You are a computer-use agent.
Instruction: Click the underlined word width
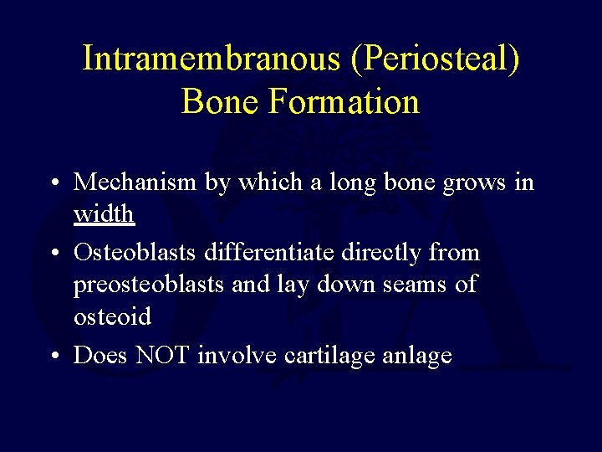[x=104, y=214]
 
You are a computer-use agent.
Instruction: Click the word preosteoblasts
[x=150, y=284]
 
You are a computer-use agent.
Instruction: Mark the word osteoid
[x=112, y=316]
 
